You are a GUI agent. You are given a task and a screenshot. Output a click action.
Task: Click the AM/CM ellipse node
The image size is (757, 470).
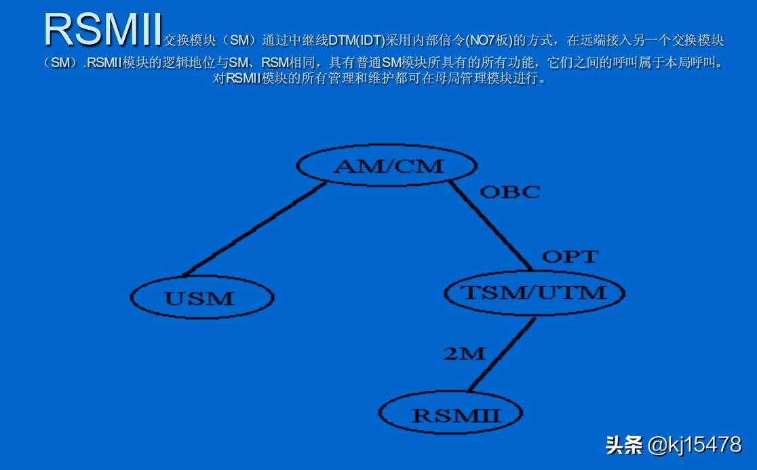[387, 165]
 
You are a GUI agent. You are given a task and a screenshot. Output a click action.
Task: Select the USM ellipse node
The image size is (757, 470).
[201, 297]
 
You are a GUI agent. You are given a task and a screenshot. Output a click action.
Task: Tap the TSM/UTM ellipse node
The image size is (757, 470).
[534, 293]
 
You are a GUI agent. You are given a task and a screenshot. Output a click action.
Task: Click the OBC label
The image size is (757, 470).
[510, 192]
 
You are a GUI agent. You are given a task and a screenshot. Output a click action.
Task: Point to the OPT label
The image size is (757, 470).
[570, 257]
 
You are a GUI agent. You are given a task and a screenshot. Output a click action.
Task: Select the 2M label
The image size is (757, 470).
[465, 353]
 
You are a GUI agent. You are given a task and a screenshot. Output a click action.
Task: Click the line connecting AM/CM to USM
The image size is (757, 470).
[254, 230]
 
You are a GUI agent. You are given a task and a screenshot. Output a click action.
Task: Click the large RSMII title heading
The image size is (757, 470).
[102, 30]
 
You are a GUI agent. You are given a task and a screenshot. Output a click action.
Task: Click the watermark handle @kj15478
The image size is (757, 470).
[695, 445]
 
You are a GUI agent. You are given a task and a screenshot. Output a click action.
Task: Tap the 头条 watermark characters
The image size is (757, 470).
[624, 445]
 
